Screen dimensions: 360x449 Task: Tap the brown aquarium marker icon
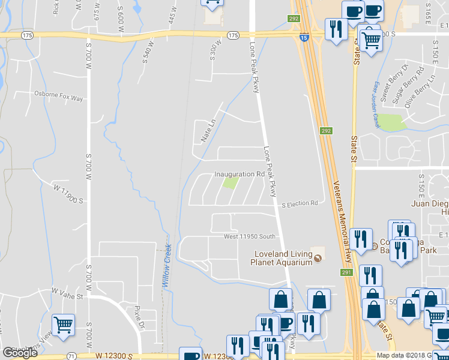(318, 259)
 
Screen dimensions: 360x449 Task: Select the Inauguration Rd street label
(240, 175)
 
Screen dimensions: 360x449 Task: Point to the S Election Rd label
(300, 204)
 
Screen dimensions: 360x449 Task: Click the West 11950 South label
(250, 236)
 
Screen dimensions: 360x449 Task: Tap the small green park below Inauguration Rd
(229, 183)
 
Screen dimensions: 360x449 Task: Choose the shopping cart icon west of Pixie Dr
(63, 325)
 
